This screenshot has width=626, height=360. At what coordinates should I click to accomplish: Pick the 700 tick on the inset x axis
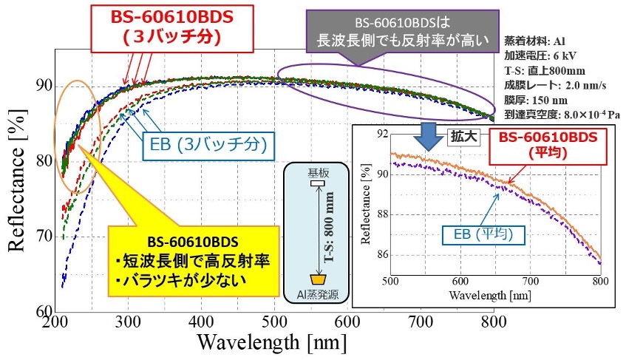click(x=529, y=281)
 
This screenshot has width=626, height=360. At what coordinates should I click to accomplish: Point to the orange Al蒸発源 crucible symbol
click(x=317, y=280)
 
